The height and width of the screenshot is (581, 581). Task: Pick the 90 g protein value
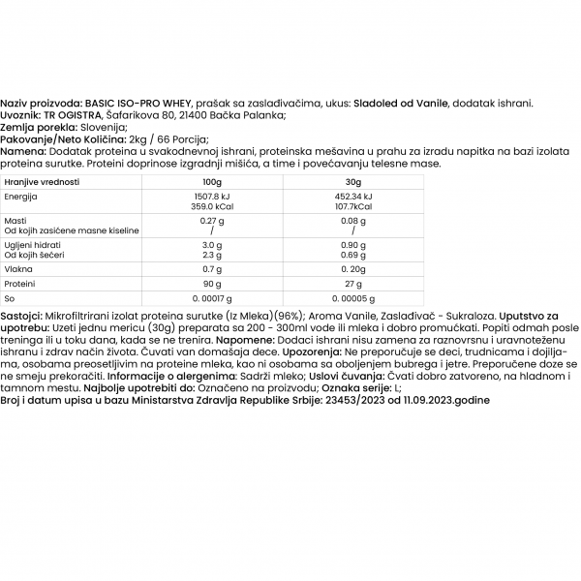click(x=212, y=284)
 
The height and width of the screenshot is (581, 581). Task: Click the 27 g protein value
click(x=353, y=284)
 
